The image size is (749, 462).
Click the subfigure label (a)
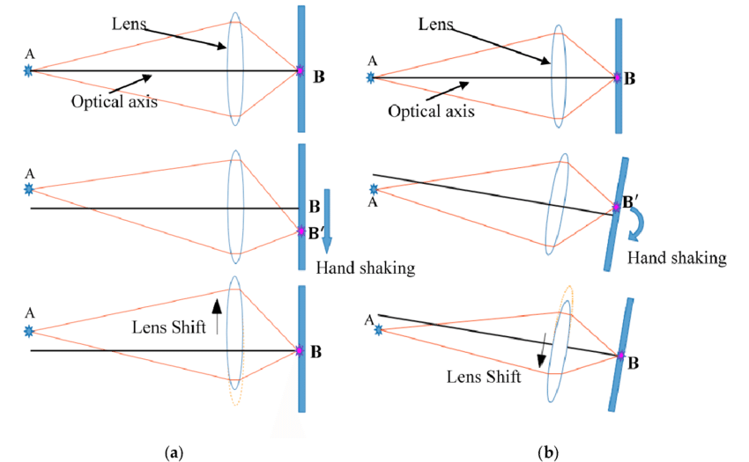[174, 452]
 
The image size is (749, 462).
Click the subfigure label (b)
[548, 452]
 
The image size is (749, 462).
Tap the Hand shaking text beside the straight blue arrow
[366, 268]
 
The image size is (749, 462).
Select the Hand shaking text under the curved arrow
[677, 258]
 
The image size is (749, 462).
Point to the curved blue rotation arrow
[640, 224]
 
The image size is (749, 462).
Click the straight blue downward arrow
[327, 222]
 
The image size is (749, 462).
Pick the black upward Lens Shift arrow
[217, 317]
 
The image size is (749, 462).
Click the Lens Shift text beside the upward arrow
[168, 327]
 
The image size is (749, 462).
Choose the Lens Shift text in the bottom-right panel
[484, 377]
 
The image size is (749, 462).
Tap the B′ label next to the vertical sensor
[316, 233]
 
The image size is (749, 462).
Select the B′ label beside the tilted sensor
[631, 202]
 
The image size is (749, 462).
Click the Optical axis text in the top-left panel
[115, 102]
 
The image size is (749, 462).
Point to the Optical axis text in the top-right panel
[431, 111]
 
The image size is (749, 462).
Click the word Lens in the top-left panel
[129, 24]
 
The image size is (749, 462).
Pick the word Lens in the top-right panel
[435, 24]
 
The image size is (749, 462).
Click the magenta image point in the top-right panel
[617, 77]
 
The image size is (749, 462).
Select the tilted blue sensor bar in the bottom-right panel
[621, 355]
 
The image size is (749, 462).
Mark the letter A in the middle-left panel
[30, 173]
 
